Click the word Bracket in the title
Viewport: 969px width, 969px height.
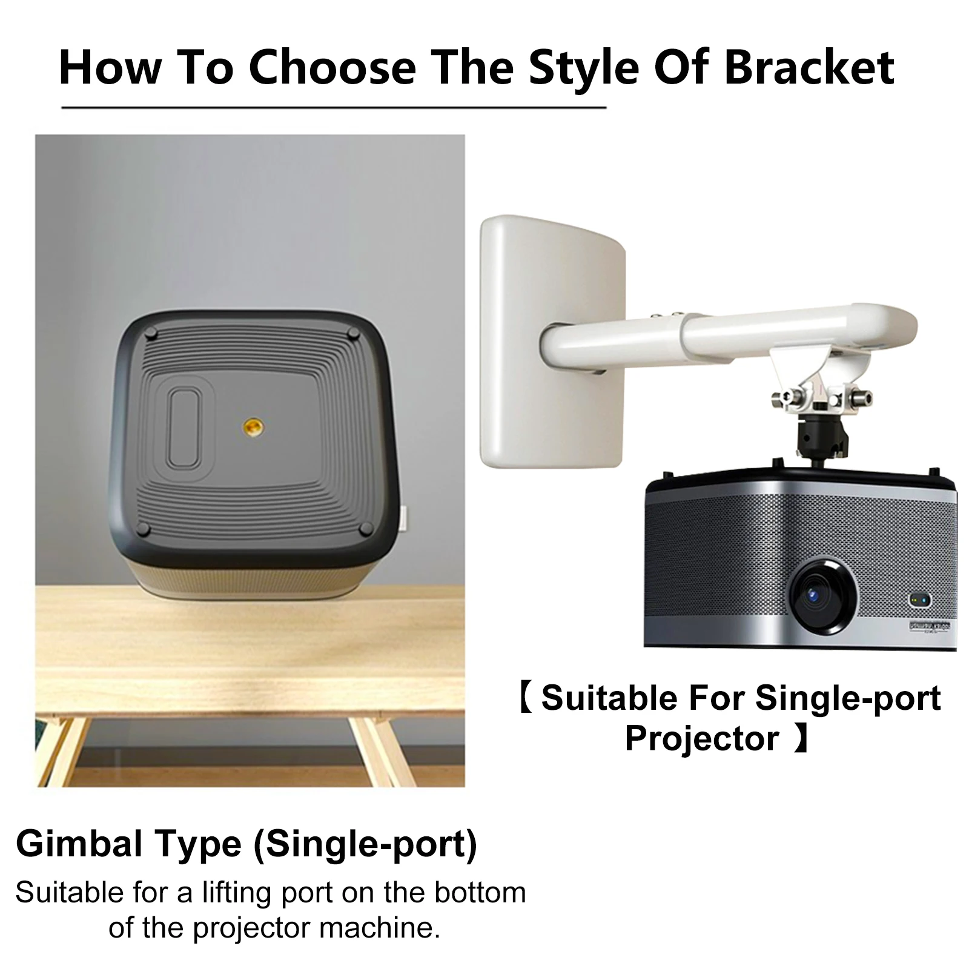pyautogui.click(x=809, y=67)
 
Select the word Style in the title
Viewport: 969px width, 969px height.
pyautogui.click(x=583, y=67)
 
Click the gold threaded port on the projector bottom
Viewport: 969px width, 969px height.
pyautogui.click(x=249, y=428)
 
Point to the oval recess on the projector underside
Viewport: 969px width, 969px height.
pyautogui.click(x=184, y=429)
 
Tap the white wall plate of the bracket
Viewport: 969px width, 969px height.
pyautogui.click(x=551, y=342)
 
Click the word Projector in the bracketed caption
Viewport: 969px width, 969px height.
pyautogui.click(x=701, y=738)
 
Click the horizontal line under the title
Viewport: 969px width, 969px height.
pyautogui.click(x=334, y=108)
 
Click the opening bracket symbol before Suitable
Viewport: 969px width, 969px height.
pyautogui.click(x=526, y=698)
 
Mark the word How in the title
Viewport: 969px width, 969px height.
pyautogui.click(x=109, y=67)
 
